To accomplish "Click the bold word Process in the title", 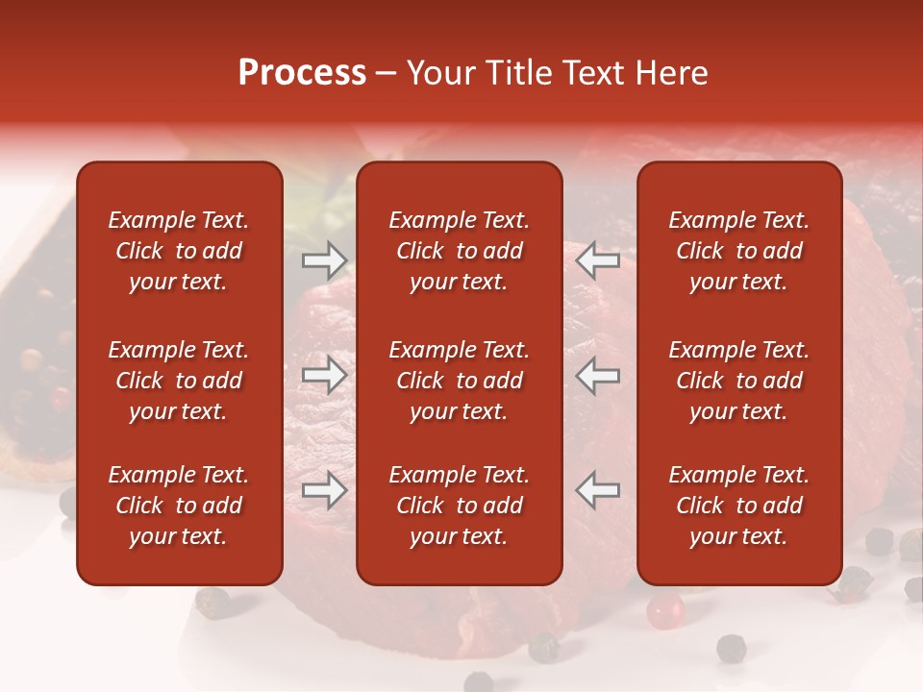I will click(x=302, y=73).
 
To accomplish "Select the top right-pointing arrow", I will click(x=324, y=260).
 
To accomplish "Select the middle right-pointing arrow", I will click(x=324, y=375).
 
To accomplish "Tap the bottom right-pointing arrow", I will click(x=324, y=490).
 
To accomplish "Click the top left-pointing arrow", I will click(x=598, y=260).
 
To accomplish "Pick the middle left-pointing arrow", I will click(x=598, y=375).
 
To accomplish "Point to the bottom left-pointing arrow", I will click(x=598, y=490).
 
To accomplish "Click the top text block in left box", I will click(x=179, y=251).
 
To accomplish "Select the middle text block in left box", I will click(x=179, y=381).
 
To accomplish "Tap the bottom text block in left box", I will click(x=179, y=506).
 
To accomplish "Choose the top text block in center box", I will click(x=459, y=251).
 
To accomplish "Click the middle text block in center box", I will click(x=459, y=381).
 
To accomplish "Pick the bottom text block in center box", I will click(x=459, y=506).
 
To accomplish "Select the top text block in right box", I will click(x=738, y=251).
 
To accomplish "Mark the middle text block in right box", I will click(x=738, y=381).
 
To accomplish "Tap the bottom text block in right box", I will click(x=738, y=506).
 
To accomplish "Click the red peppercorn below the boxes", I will click(x=664, y=607).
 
